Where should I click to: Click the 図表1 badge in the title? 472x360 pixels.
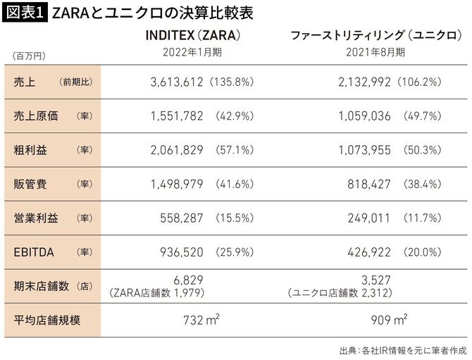(25, 13)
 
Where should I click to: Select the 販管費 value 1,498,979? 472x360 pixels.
(177, 183)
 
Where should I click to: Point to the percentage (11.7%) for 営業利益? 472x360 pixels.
(422, 217)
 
